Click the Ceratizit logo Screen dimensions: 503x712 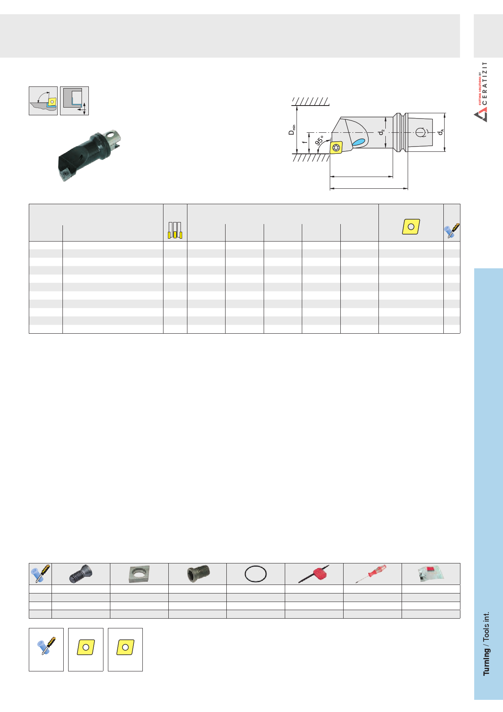click(481, 92)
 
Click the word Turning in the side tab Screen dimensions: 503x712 click(486, 662)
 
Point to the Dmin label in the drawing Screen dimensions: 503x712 click(292, 130)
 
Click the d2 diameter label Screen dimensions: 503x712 click(381, 132)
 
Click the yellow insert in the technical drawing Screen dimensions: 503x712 click(336, 147)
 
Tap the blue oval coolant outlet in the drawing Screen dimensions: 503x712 click(359, 142)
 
